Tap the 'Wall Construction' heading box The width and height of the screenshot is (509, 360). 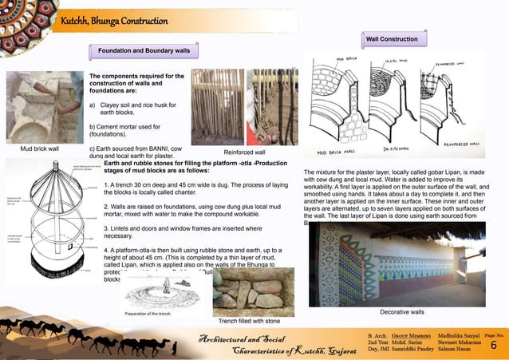pyautogui.click(x=392, y=39)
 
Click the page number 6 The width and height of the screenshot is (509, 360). pyautogui.click(x=493, y=346)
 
